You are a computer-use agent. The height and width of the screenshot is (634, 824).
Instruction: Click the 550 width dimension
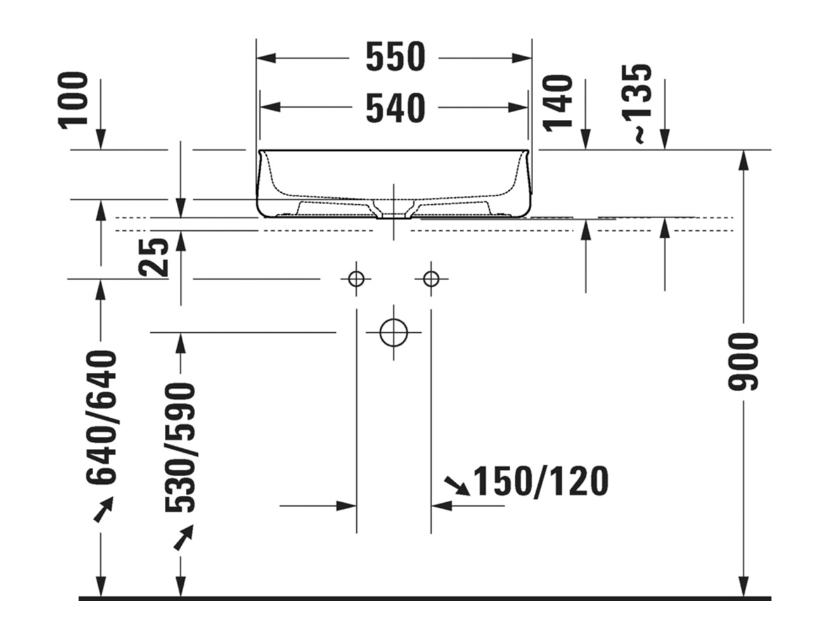[x=394, y=58]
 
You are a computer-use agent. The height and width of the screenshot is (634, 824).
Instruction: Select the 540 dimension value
[x=394, y=108]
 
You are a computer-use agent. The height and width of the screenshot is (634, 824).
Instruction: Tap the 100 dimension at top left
[x=74, y=100]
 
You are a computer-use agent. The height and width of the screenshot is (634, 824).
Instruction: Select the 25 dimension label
[x=154, y=257]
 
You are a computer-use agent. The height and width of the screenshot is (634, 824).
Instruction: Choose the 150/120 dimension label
[x=541, y=481]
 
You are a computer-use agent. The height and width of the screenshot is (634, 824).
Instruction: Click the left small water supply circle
[x=356, y=278]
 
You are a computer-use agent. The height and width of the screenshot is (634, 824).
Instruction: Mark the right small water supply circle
[x=431, y=278]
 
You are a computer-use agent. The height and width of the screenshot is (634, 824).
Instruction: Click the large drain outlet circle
[x=393, y=332]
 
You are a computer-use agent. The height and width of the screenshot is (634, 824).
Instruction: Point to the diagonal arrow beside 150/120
[x=456, y=485]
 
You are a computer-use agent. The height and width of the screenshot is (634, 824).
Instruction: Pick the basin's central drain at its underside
[x=394, y=212]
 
